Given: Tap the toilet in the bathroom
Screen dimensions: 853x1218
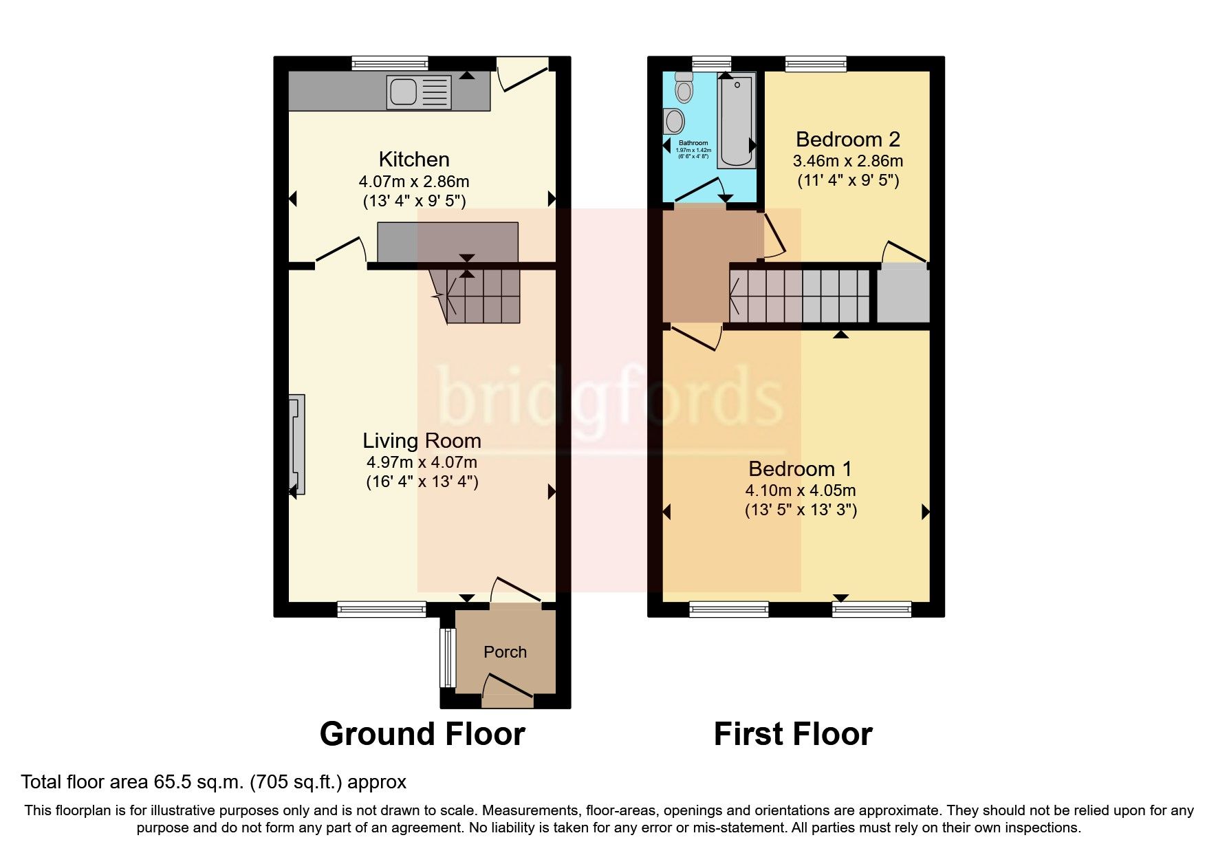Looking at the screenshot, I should [x=684, y=87].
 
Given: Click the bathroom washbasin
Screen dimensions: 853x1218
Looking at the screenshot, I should [x=674, y=122].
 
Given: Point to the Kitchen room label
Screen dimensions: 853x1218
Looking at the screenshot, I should [x=414, y=160].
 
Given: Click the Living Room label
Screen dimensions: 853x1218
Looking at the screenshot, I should [x=422, y=441].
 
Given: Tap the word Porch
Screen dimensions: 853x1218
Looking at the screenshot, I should [x=505, y=652].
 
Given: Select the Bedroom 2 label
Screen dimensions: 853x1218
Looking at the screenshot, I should [x=847, y=140].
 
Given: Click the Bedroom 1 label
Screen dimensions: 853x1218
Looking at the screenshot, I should [x=800, y=469].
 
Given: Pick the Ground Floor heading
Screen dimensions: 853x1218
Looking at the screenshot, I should [x=422, y=734].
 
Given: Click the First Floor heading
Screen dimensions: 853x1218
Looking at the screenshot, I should [x=793, y=734].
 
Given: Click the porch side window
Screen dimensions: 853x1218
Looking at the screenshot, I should [x=448, y=658].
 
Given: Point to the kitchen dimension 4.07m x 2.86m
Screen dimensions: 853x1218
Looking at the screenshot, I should [x=414, y=182].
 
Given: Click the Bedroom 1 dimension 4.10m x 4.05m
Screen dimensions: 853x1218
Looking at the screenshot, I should [x=801, y=491].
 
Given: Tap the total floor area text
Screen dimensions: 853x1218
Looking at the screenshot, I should [x=213, y=782].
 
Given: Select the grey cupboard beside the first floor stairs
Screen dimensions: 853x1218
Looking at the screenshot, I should [x=903, y=295].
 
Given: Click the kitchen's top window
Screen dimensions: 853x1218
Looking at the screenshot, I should [x=389, y=63].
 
